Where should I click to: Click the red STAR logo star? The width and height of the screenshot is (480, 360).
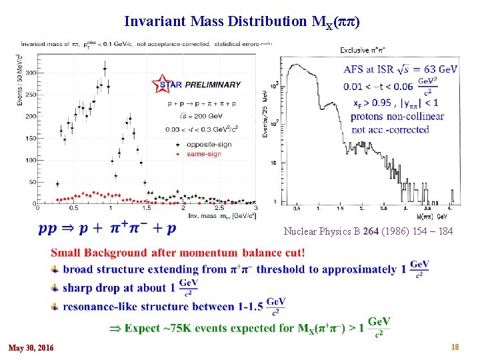(161, 83)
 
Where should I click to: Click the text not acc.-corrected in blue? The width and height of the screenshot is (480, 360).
(390, 129)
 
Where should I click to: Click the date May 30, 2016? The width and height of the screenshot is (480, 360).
(31, 348)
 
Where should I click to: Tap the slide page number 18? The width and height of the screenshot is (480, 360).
(455, 347)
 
